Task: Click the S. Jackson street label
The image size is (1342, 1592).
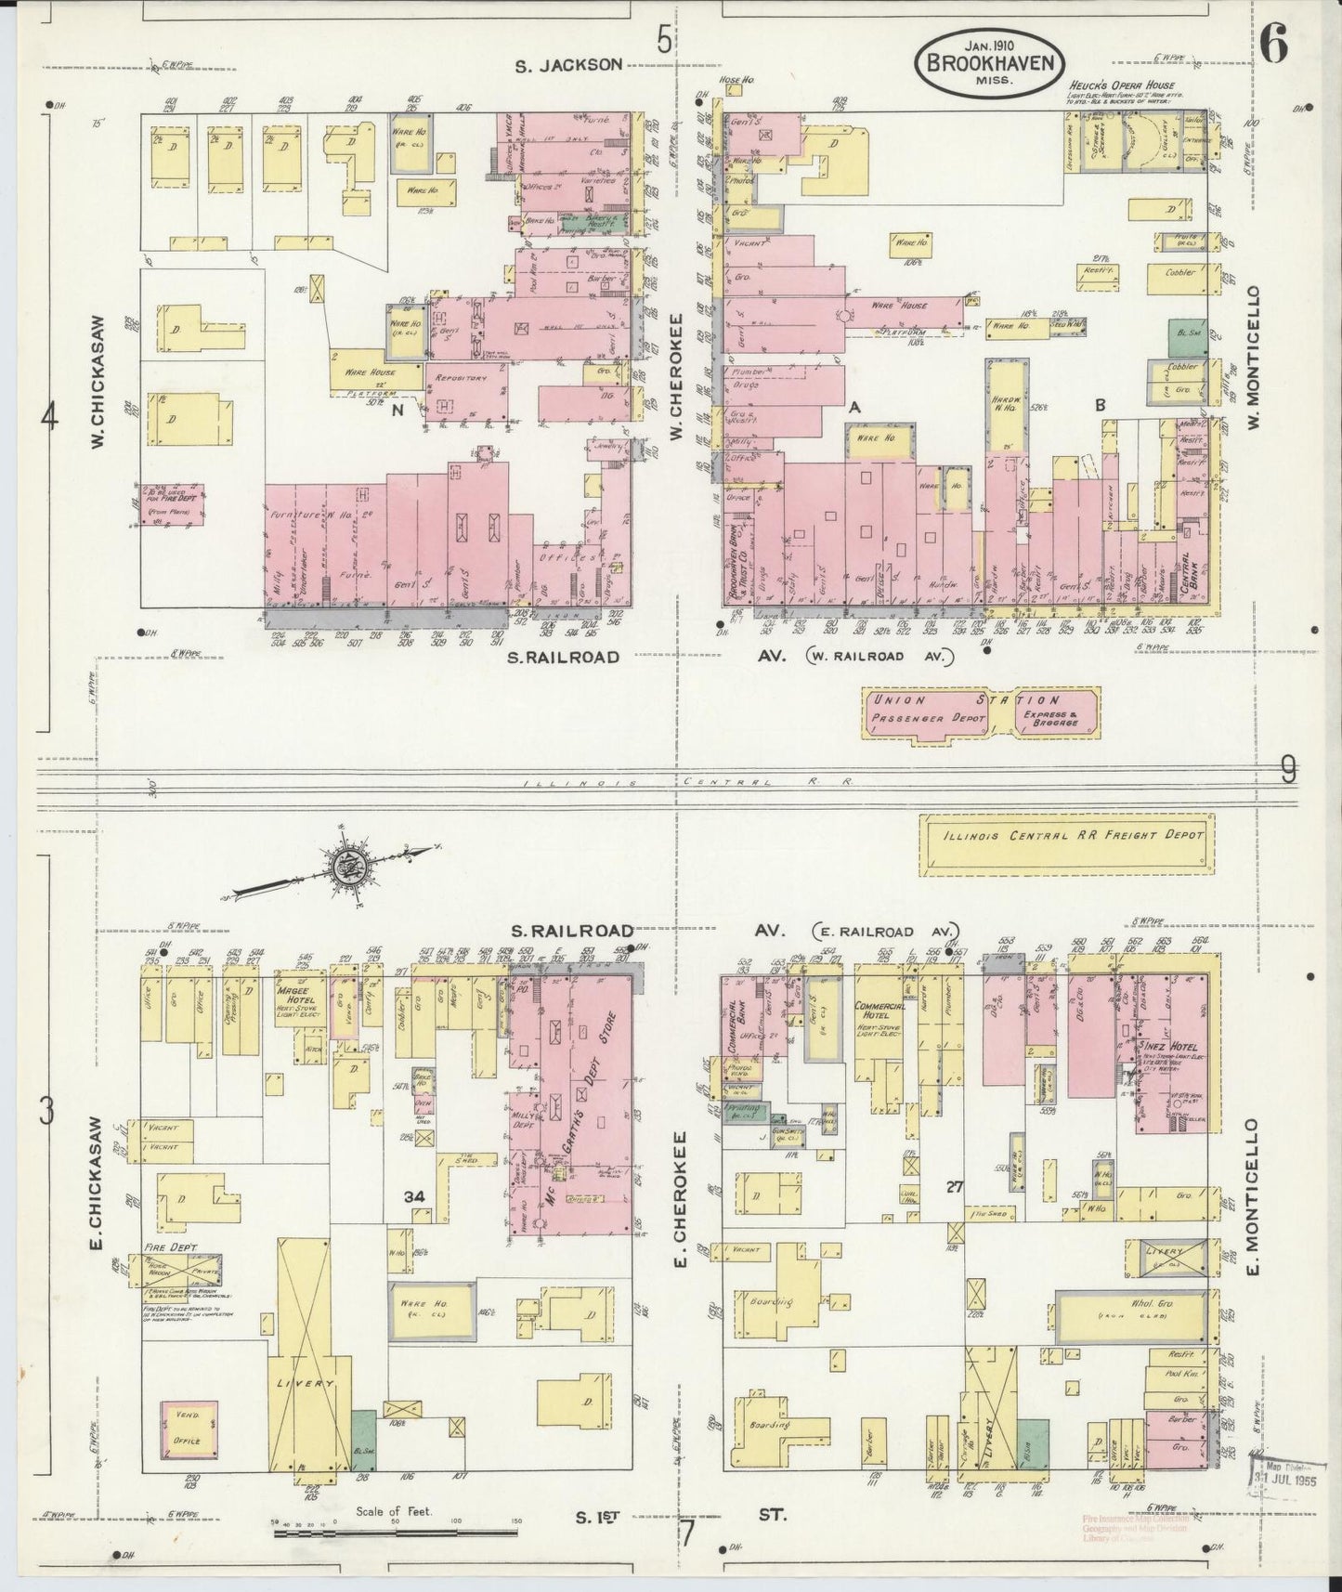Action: click(568, 64)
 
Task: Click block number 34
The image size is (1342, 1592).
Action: click(414, 1197)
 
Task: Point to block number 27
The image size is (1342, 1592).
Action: click(953, 1186)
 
